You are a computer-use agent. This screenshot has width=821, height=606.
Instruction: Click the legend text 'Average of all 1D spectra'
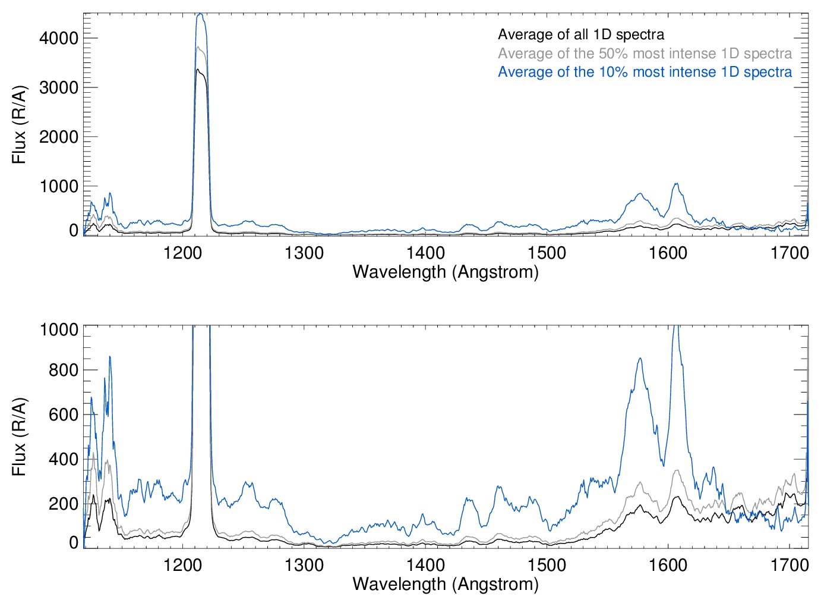tap(580, 34)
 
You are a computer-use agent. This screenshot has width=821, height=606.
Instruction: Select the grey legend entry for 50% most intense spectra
tap(645, 54)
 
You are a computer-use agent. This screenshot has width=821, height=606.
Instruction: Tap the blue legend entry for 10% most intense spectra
tap(645, 72)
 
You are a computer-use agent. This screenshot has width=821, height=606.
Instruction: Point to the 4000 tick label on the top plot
tap(59, 38)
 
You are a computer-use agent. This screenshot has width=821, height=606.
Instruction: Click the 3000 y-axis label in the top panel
tap(59, 87)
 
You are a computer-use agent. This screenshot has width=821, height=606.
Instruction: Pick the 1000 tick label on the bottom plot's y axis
tap(59, 329)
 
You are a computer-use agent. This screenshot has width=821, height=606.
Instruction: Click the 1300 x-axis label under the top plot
tap(304, 253)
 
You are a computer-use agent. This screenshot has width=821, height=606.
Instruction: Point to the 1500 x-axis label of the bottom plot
tap(547, 564)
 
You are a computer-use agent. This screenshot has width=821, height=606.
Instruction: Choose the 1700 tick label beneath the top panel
tap(790, 253)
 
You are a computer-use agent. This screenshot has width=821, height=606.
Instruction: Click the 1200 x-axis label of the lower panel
tap(183, 564)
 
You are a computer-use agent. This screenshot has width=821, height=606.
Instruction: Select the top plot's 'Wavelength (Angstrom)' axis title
tap(446, 272)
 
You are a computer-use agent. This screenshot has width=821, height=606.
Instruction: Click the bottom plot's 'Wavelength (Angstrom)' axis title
tap(446, 583)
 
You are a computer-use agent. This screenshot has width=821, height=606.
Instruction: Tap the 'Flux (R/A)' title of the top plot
tap(19, 125)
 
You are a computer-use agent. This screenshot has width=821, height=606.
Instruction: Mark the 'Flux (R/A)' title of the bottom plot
tap(19, 437)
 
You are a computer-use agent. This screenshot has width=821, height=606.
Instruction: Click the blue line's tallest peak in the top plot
tap(200, 14)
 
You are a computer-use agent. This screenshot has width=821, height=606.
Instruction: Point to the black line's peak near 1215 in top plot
tap(198, 70)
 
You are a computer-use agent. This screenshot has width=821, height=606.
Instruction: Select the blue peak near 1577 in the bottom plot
tap(640, 358)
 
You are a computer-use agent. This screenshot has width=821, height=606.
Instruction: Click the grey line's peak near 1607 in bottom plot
tap(677, 470)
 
